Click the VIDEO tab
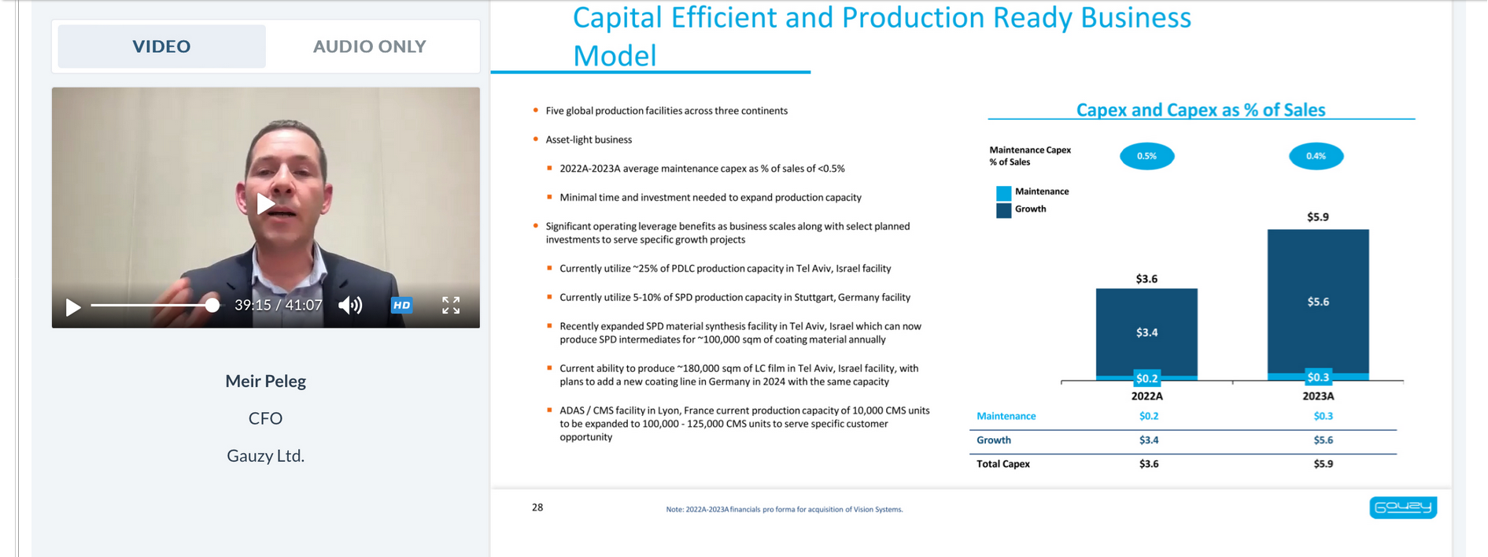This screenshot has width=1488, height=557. coord(161,46)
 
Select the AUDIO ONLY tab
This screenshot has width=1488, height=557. coord(369,46)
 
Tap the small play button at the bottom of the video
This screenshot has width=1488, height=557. coord(73,306)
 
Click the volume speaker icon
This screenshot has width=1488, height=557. coord(350,305)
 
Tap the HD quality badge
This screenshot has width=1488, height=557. coord(401,305)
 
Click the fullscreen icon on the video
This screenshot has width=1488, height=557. coord(451,305)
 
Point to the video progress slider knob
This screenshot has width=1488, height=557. coord(212,305)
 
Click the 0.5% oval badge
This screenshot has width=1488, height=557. coord(1146,156)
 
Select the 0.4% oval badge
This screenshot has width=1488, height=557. coord(1316,156)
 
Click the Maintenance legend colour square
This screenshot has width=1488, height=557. coord(1003,192)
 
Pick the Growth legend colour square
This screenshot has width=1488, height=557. coord(1003,210)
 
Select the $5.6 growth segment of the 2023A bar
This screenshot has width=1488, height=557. coord(1318,301)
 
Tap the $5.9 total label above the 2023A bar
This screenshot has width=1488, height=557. coord(1318,217)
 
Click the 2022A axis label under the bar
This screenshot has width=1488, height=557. coord(1146,396)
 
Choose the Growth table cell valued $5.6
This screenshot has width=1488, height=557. coord(1324,440)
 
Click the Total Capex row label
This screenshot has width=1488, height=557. coord(1003,464)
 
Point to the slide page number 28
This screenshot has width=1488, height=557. coord(537,507)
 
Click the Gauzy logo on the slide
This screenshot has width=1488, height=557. coord(1403,507)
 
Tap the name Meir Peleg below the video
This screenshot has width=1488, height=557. coord(265,381)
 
